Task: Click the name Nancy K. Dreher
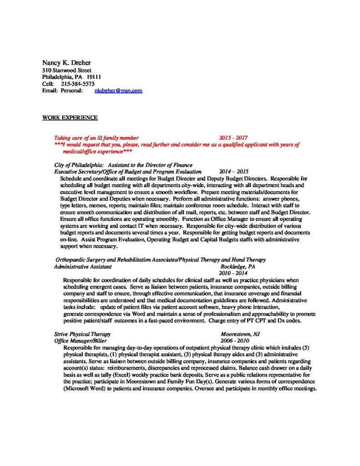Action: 66,63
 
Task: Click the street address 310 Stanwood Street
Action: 66,71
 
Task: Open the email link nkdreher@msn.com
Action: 118,91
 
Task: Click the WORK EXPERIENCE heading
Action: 70,117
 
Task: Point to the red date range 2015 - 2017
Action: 233,138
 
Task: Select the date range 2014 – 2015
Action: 234,172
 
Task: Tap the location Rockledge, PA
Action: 238,266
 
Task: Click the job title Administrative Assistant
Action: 82,266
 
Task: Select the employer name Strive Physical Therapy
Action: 82,334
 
